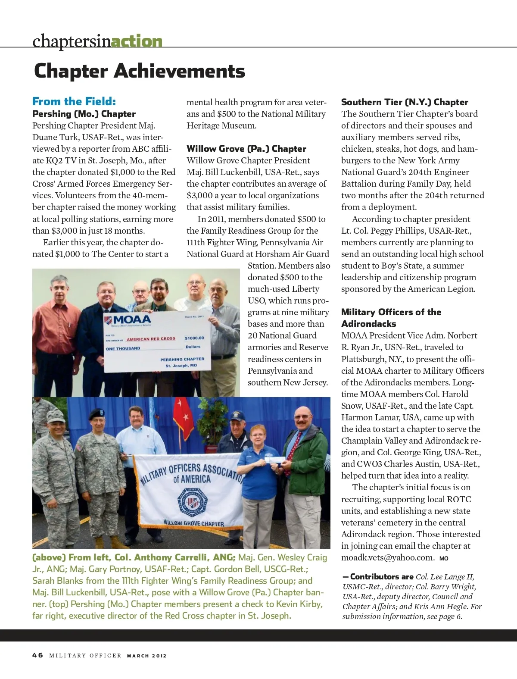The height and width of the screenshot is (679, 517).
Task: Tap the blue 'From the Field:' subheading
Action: [x=74, y=102]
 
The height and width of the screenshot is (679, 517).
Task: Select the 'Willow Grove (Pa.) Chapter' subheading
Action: [x=246, y=149]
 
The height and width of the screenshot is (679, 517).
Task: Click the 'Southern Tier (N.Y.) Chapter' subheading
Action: [x=404, y=102]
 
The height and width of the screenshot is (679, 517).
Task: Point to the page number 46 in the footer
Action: [x=37, y=655]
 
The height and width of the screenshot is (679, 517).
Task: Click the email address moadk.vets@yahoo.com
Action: [x=387, y=558]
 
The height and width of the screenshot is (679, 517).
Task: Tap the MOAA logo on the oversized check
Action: [x=128, y=320]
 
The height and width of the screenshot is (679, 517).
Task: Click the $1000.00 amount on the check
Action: [x=194, y=338]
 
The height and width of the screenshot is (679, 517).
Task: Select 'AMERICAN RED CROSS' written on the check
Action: [x=151, y=339]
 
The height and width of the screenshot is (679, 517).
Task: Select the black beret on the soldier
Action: [x=96, y=414]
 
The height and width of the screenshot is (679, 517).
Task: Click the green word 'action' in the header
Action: [x=137, y=41]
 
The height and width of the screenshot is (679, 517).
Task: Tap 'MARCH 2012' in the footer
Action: [x=146, y=656]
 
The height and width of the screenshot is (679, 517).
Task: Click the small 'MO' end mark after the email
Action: [x=444, y=559]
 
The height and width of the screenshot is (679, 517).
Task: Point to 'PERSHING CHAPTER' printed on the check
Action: [x=182, y=359]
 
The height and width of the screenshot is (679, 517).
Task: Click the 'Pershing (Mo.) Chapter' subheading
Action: [x=84, y=114]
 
